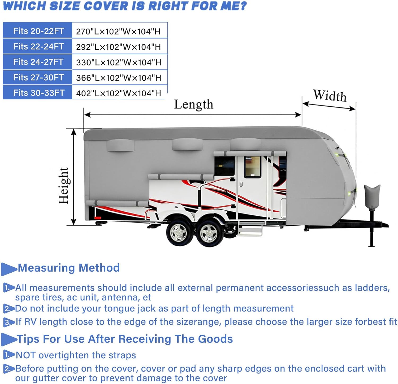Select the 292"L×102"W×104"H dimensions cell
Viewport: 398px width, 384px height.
(x=118, y=47)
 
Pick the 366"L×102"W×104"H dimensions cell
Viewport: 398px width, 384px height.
(x=118, y=78)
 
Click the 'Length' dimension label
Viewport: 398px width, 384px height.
(x=193, y=104)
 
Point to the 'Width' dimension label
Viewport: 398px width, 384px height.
(x=330, y=95)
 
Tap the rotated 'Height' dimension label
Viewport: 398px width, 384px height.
(x=64, y=186)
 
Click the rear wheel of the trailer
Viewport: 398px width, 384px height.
(x=179, y=233)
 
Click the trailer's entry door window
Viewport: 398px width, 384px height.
(x=252, y=167)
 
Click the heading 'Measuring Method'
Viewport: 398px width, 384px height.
(x=69, y=268)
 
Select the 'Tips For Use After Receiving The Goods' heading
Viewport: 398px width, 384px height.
(x=125, y=339)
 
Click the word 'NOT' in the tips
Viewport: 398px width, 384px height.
(x=26, y=355)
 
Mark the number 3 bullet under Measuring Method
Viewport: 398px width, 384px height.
(x=8, y=322)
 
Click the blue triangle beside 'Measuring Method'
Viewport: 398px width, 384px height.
(x=8, y=269)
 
